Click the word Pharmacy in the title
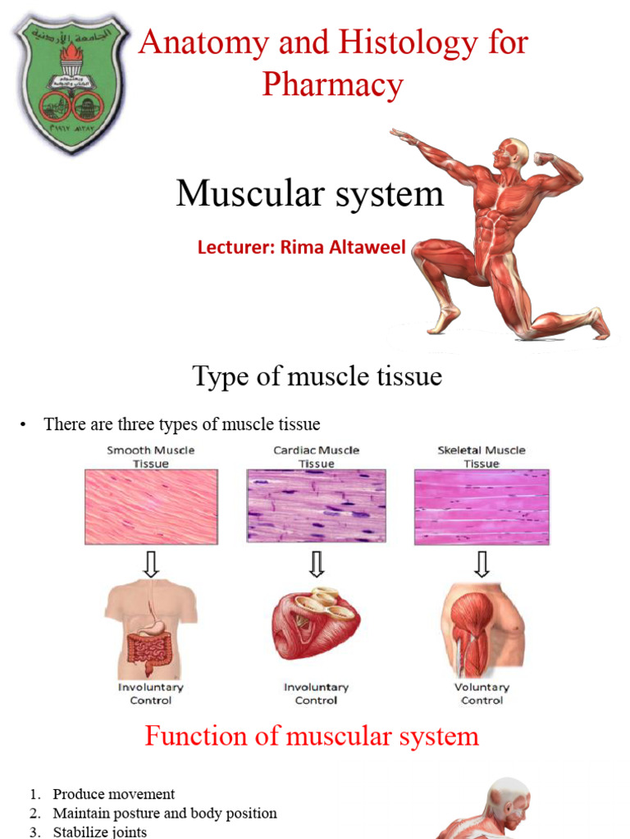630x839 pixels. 332,84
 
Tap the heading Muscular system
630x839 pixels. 309,194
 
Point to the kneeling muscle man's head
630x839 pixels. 511,152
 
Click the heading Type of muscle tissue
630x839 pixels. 317,376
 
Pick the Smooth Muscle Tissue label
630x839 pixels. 151,456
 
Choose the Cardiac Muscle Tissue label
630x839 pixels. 316,456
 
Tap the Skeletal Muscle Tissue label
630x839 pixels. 482,456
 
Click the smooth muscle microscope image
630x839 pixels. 151,506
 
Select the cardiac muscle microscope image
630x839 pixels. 316,506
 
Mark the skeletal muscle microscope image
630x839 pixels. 482,506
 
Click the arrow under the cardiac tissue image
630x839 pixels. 317,564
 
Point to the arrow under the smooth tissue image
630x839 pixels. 151,564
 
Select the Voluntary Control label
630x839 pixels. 482,694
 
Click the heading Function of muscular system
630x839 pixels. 312,736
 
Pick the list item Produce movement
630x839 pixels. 113,794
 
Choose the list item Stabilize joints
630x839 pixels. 99,832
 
